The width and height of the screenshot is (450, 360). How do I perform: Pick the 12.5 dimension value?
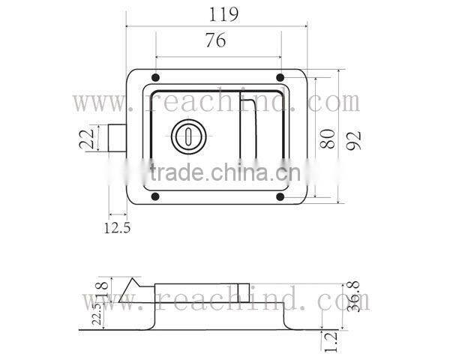116,227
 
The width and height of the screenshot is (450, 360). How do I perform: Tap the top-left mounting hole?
154,78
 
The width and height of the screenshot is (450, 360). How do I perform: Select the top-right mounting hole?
280,78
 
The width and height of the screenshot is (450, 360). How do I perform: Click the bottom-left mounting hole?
154,197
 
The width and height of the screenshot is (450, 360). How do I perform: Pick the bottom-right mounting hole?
280,197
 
